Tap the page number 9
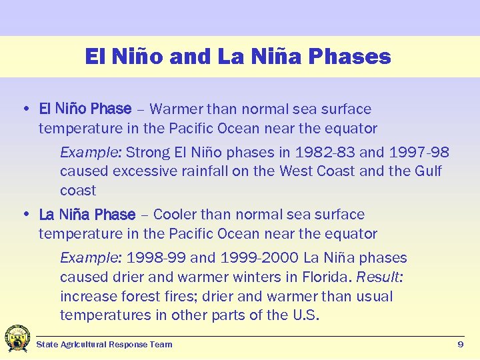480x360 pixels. [x=460, y=344]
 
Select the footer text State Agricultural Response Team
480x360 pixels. [x=104, y=345]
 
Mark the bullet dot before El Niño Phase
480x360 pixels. [x=25, y=109]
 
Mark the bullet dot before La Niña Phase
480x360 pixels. [x=25, y=215]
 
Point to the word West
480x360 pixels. [x=297, y=171]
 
